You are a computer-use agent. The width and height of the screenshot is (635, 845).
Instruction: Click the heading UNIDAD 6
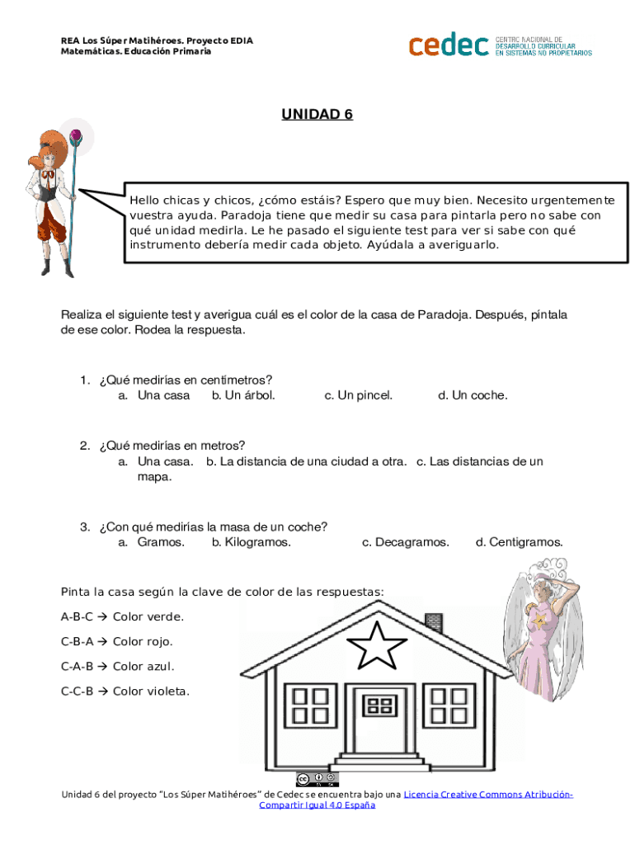tap(317, 114)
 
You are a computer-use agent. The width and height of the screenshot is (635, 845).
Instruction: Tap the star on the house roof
tap(380, 645)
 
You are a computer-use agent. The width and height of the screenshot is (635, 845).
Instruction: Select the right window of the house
tap(450, 706)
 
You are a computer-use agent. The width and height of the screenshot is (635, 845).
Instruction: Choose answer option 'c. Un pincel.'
tap(359, 395)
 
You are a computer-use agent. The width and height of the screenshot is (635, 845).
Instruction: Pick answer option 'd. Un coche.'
tap(473, 395)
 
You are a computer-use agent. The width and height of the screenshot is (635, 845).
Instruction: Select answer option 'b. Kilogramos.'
tap(252, 542)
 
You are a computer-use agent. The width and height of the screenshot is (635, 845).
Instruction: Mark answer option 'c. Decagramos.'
tap(406, 542)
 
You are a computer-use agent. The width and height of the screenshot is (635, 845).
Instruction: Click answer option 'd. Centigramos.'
tap(519, 542)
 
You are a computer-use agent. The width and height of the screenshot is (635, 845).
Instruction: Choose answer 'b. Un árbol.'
tap(243, 395)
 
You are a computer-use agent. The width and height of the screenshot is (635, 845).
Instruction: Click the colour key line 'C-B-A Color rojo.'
tap(116, 641)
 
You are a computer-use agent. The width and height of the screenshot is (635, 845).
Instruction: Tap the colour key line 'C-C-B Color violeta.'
tap(125, 692)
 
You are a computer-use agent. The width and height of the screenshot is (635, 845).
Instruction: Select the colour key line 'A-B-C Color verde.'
tap(122, 616)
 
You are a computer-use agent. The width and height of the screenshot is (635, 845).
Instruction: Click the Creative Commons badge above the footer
tap(317, 778)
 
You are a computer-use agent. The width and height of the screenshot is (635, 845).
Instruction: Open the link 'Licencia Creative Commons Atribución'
tap(488, 794)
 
